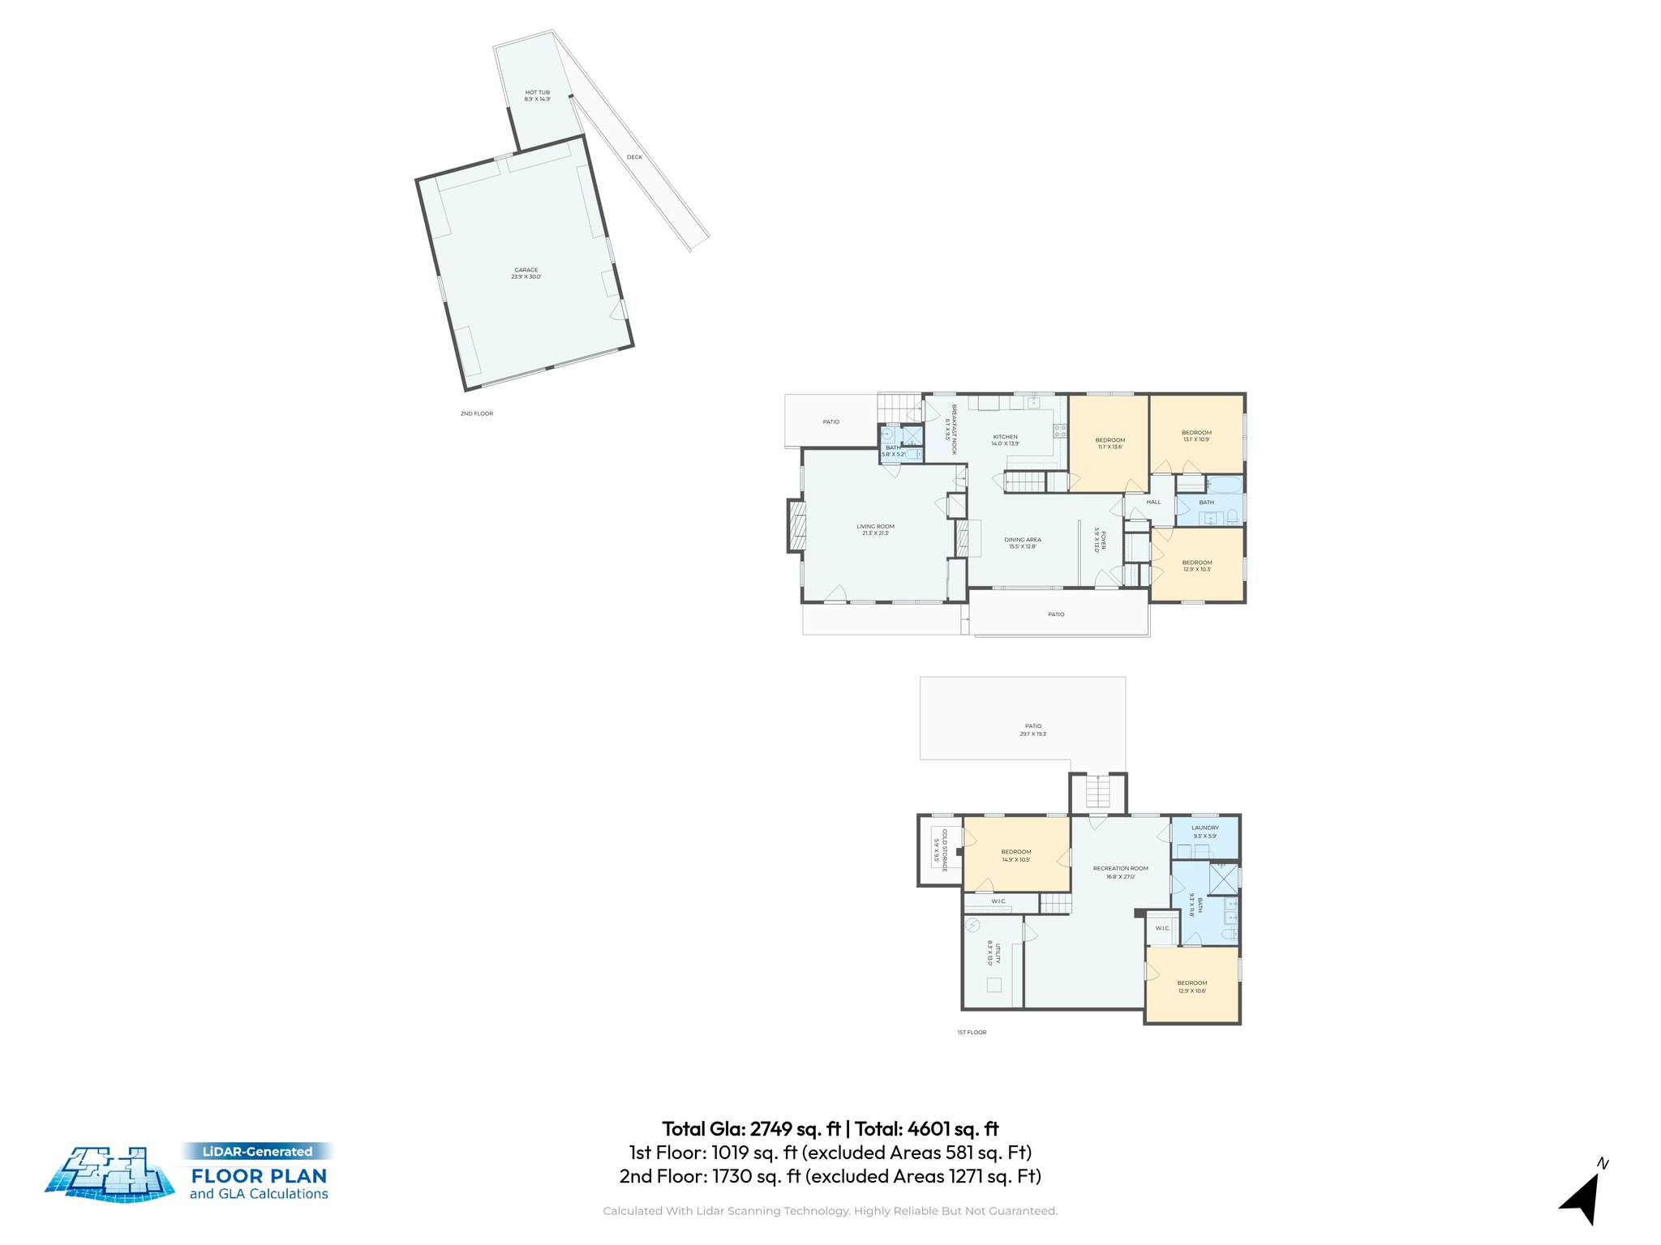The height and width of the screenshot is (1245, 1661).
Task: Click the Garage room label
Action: coord(526,273)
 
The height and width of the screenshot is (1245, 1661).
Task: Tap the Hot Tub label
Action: coord(537,96)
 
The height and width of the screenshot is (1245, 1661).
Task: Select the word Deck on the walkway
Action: coord(634,157)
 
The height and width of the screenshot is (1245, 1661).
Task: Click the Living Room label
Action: coord(875,529)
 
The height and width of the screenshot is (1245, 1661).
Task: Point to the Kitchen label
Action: coord(1005,440)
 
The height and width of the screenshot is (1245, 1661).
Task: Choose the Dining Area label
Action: coord(1022,542)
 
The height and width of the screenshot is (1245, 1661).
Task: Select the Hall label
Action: coord(1153,502)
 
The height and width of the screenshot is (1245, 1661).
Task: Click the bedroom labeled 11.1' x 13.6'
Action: coord(1109,443)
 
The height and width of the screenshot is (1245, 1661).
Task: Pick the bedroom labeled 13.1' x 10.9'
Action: coord(1196,436)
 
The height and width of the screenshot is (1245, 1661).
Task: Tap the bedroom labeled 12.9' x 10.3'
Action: coord(1196,565)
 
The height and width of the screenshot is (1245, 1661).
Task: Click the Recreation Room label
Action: coord(1120,872)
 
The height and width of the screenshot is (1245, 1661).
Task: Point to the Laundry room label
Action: coord(1204,832)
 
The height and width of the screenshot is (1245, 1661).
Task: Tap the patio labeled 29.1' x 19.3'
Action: coord(1032,729)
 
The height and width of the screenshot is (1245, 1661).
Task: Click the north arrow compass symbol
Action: coord(1583,1195)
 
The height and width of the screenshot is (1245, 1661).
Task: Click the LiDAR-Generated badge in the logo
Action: coord(257,1151)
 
